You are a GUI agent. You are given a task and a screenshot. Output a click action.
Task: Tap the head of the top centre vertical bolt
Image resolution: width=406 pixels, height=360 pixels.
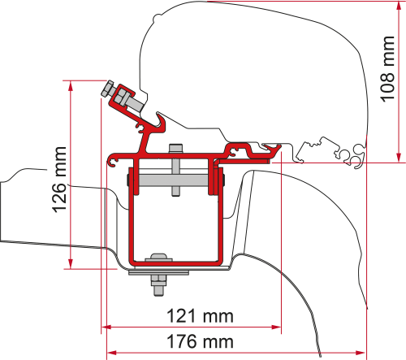(175, 149)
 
